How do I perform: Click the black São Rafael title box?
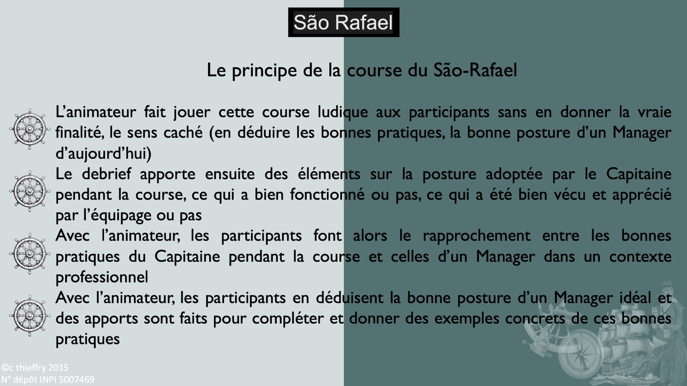click(343, 22)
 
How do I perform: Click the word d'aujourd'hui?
click(104, 154)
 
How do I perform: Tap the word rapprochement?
click(476, 236)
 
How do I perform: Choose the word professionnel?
click(102, 277)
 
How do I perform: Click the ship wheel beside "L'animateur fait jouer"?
click(30, 129)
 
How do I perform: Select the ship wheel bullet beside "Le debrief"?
click(30, 191)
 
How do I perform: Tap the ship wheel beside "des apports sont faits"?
click(30, 315)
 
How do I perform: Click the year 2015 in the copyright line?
click(58, 368)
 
